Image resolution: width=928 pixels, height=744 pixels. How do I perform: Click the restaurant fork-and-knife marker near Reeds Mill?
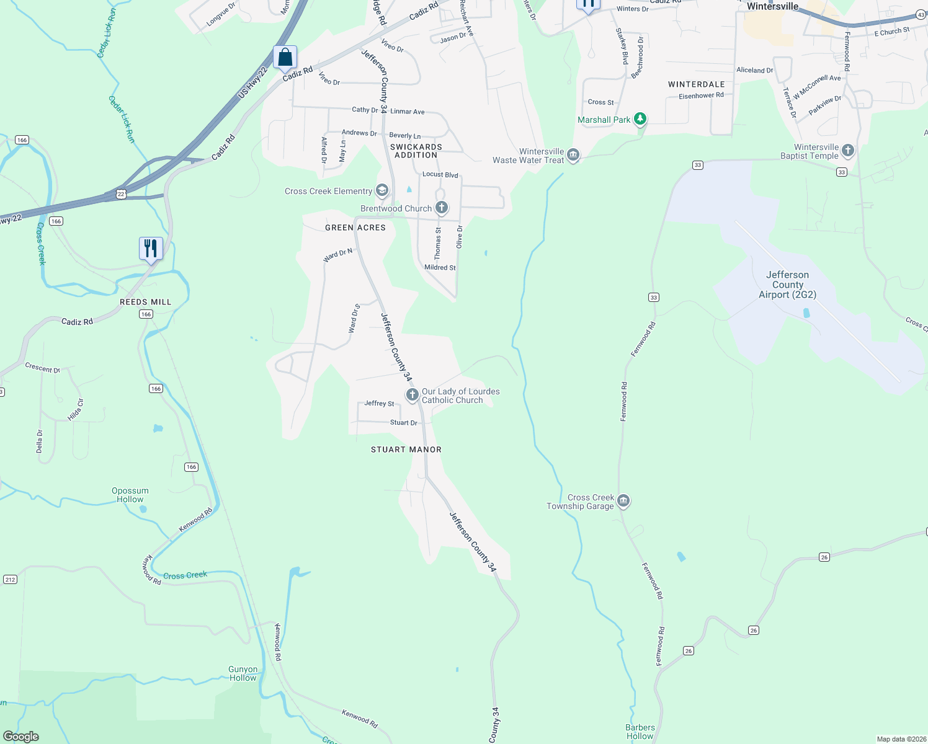click(x=151, y=249)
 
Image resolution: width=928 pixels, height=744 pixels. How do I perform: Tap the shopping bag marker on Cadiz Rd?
click(x=285, y=57)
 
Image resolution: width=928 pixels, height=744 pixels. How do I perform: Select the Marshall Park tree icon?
click(x=640, y=119)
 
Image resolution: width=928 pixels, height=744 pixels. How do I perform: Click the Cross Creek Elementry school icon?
click(x=382, y=190)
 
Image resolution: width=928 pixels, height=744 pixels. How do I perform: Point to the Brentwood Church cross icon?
click(x=441, y=208)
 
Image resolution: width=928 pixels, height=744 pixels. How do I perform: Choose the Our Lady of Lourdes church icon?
click(x=412, y=395)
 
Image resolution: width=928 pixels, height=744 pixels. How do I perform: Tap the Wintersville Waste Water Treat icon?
click(x=573, y=154)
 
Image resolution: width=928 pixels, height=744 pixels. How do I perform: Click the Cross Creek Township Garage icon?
click(x=623, y=501)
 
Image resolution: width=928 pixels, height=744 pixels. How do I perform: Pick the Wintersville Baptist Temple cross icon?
click(x=848, y=151)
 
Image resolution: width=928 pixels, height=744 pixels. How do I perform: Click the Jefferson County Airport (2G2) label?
click(x=787, y=285)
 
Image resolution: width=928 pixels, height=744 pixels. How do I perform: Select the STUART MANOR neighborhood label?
click(x=406, y=449)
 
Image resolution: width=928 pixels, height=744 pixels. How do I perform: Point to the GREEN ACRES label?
click(x=355, y=228)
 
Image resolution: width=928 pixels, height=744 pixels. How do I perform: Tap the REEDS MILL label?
click(x=145, y=302)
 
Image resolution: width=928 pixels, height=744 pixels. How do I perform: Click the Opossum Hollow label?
click(x=130, y=495)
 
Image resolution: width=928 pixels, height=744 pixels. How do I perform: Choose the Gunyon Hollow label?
click(x=243, y=673)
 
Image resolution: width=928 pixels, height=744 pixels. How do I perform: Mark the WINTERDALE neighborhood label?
click(x=696, y=84)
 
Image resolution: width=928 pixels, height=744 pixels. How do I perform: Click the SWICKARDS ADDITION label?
click(x=416, y=151)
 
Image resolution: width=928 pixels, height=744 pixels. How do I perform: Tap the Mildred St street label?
click(x=440, y=267)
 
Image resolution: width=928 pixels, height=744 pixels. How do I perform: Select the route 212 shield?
click(x=10, y=579)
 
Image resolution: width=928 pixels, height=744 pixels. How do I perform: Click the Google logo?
click(x=21, y=736)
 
